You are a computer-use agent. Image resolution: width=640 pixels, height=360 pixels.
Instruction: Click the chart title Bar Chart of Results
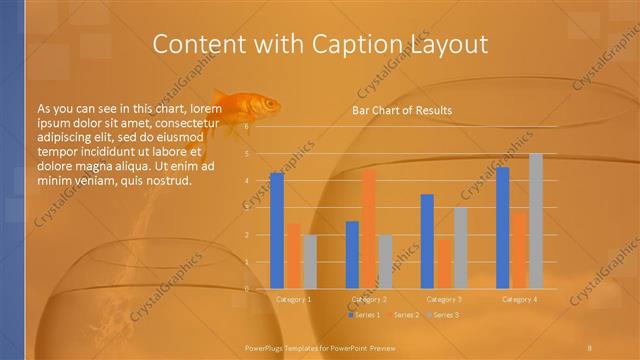401,110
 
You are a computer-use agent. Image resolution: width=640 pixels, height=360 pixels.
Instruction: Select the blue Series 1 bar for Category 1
277,231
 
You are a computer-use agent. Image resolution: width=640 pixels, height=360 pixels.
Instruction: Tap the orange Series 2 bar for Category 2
369,229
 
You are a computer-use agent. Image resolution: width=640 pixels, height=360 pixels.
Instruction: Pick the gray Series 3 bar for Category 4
536,221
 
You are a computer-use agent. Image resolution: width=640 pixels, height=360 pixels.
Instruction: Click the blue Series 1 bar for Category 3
427,241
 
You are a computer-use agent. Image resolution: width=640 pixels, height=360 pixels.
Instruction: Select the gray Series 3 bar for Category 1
310,262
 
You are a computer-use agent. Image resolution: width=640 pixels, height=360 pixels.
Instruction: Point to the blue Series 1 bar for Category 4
503,228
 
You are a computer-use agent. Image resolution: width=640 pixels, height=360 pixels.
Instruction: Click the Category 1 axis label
293,299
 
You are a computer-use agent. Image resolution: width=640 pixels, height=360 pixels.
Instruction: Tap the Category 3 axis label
444,299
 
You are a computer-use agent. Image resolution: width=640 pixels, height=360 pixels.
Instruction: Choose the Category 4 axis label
519,299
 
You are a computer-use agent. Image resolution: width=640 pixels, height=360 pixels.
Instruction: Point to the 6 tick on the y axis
261,127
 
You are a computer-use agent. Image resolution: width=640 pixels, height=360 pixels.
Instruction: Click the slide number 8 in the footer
590,346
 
